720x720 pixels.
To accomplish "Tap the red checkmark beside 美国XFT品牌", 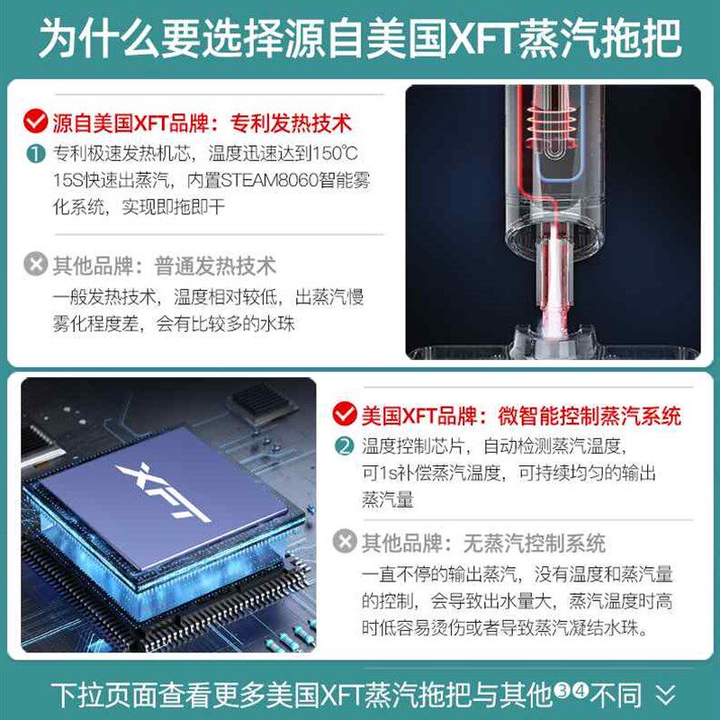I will coord(344,415).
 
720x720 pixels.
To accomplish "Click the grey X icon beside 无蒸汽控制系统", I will coord(344,542).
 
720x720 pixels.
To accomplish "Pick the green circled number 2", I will coord(344,446).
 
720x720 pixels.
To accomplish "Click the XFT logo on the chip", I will coord(164,493).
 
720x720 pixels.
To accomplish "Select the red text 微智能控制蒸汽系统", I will coord(589,415).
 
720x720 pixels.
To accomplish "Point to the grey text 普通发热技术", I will coord(215,265).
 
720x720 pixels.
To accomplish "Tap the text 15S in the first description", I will coord(69,180).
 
